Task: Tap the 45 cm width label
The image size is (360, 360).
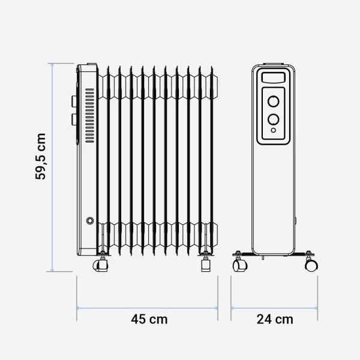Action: pyautogui.click(x=149, y=319)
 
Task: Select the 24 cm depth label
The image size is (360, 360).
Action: pyautogui.click(x=275, y=319)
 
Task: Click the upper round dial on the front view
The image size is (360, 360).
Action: pyautogui.click(x=273, y=100)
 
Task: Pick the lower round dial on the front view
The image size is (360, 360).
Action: pyautogui.click(x=273, y=119)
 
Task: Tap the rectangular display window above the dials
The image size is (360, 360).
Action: pyautogui.click(x=273, y=77)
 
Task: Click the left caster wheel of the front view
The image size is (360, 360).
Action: pyautogui.click(x=239, y=265)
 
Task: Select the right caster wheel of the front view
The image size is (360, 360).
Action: pyautogui.click(x=311, y=264)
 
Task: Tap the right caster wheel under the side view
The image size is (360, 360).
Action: pyautogui.click(x=206, y=264)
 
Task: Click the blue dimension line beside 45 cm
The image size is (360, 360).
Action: pyautogui.click(x=108, y=308)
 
